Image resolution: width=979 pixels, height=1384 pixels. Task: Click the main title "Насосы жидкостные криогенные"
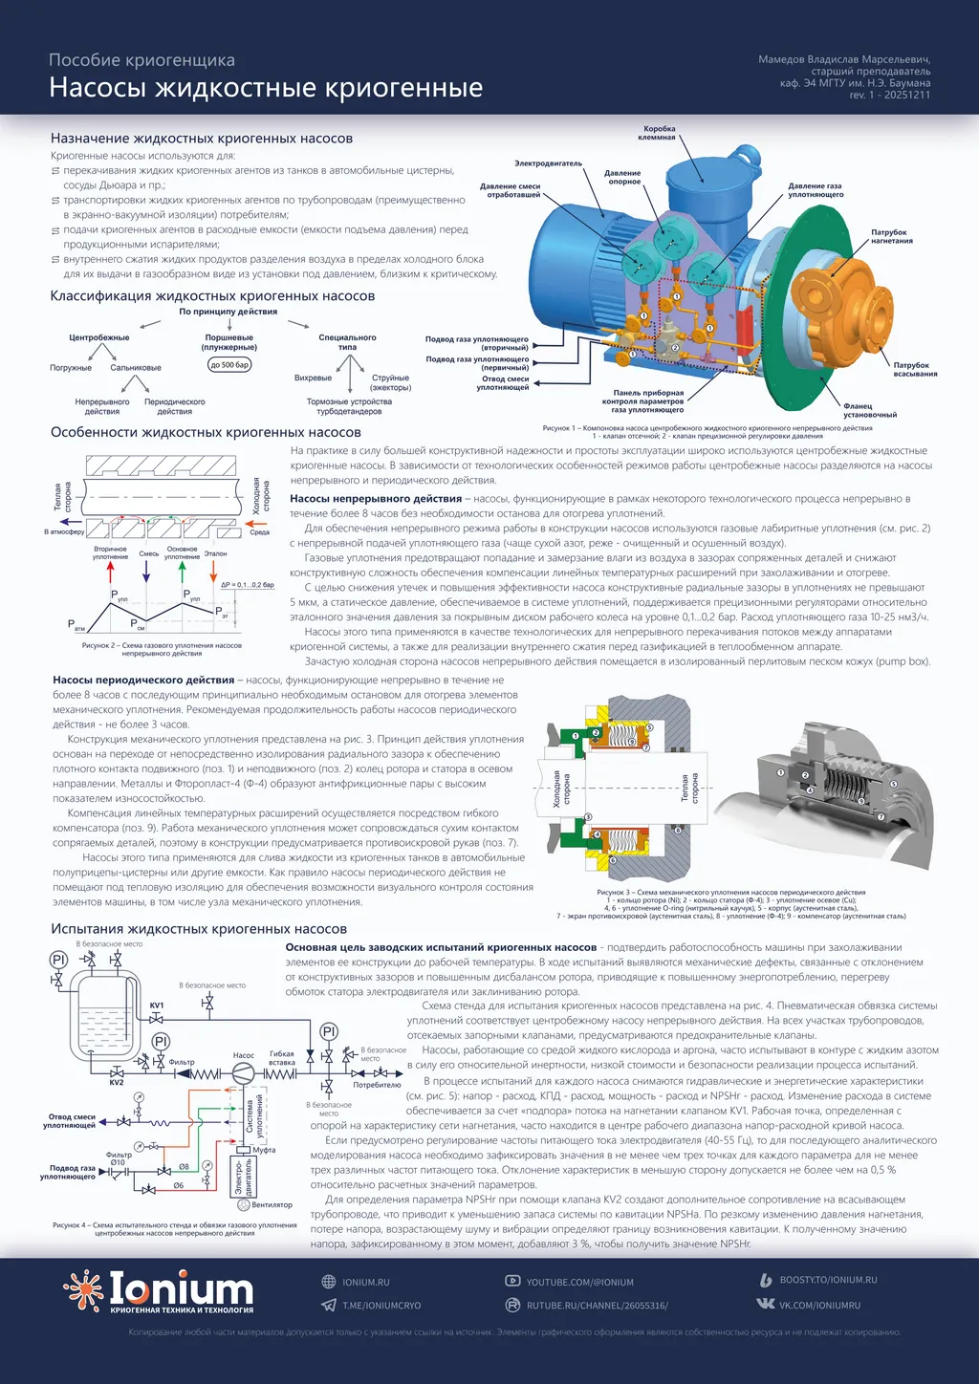click(266, 88)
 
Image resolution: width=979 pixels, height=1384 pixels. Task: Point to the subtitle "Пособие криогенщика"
click(141, 60)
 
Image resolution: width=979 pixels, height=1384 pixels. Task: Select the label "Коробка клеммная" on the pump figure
click(659, 133)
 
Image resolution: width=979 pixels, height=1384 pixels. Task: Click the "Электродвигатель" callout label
click(548, 163)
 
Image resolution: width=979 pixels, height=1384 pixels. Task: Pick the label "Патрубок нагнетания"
click(890, 236)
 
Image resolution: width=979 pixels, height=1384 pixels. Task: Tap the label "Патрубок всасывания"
click(915, 369)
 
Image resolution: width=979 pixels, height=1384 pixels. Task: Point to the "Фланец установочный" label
click(869, 410)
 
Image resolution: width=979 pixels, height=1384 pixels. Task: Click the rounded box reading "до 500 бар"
click(229, 364)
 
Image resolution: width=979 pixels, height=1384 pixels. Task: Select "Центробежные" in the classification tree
click(98, 337)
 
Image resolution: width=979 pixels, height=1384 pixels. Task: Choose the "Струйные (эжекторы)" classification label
click(390, 382)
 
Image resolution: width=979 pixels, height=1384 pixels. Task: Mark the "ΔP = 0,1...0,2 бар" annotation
click(248, 584)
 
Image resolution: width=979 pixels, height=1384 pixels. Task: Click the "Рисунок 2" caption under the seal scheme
click(162, 649)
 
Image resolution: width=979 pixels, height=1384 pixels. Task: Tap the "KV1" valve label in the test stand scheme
click(157, 1006)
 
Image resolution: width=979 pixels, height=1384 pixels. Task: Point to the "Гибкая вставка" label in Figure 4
click(282, 1058)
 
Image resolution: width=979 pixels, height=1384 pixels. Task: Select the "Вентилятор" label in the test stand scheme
click(272, 1205)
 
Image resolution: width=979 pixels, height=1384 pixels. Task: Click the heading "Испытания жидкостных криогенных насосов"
click(199, 929)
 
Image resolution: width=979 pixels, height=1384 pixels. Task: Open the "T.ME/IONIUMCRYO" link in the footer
click(381, 1306)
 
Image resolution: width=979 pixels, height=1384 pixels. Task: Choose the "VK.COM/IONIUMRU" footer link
click(819, 1305)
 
